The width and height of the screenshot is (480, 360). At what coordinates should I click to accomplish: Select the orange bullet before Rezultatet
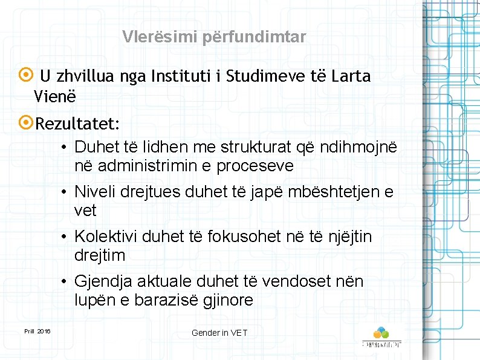(28, 123)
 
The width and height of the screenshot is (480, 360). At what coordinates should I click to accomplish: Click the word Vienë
(55, 96)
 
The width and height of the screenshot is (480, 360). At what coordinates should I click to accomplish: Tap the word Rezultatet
(77, 124)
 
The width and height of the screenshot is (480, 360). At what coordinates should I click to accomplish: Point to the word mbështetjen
(336, 192)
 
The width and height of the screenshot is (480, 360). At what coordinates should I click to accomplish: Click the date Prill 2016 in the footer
(37, 331)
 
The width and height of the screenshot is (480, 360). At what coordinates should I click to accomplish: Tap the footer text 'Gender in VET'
(219, 333)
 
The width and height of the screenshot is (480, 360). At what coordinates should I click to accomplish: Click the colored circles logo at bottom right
(381, 333)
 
